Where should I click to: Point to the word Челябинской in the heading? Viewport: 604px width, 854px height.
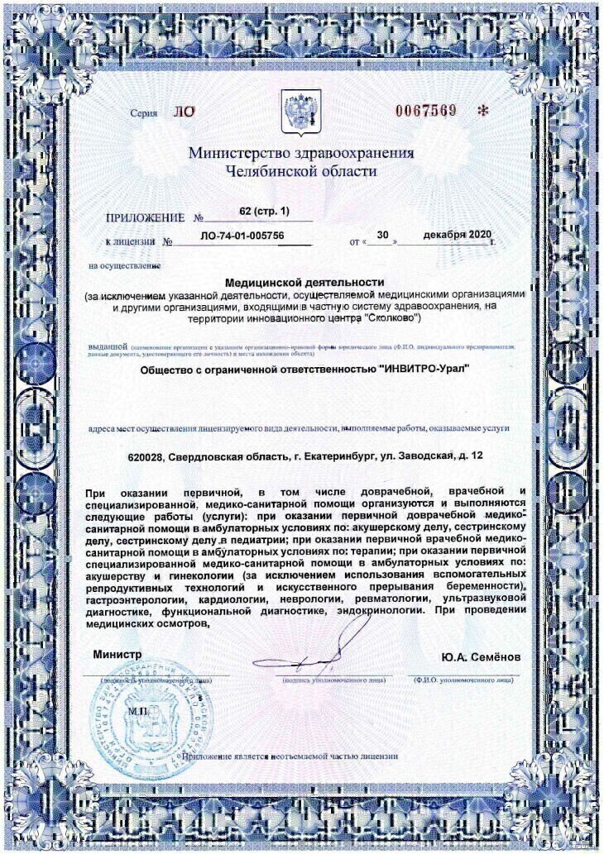click(x=267, y=172)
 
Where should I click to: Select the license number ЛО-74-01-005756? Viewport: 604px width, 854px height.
click(x=242, y=236)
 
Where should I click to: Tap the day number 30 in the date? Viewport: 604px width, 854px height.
click(x=382, y=235)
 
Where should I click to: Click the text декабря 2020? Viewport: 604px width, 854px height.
click(x=457, y=235)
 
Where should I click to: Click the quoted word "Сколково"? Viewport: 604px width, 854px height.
click(x=394, y=317)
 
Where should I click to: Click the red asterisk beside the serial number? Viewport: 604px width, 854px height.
click(x=484, y=111)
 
